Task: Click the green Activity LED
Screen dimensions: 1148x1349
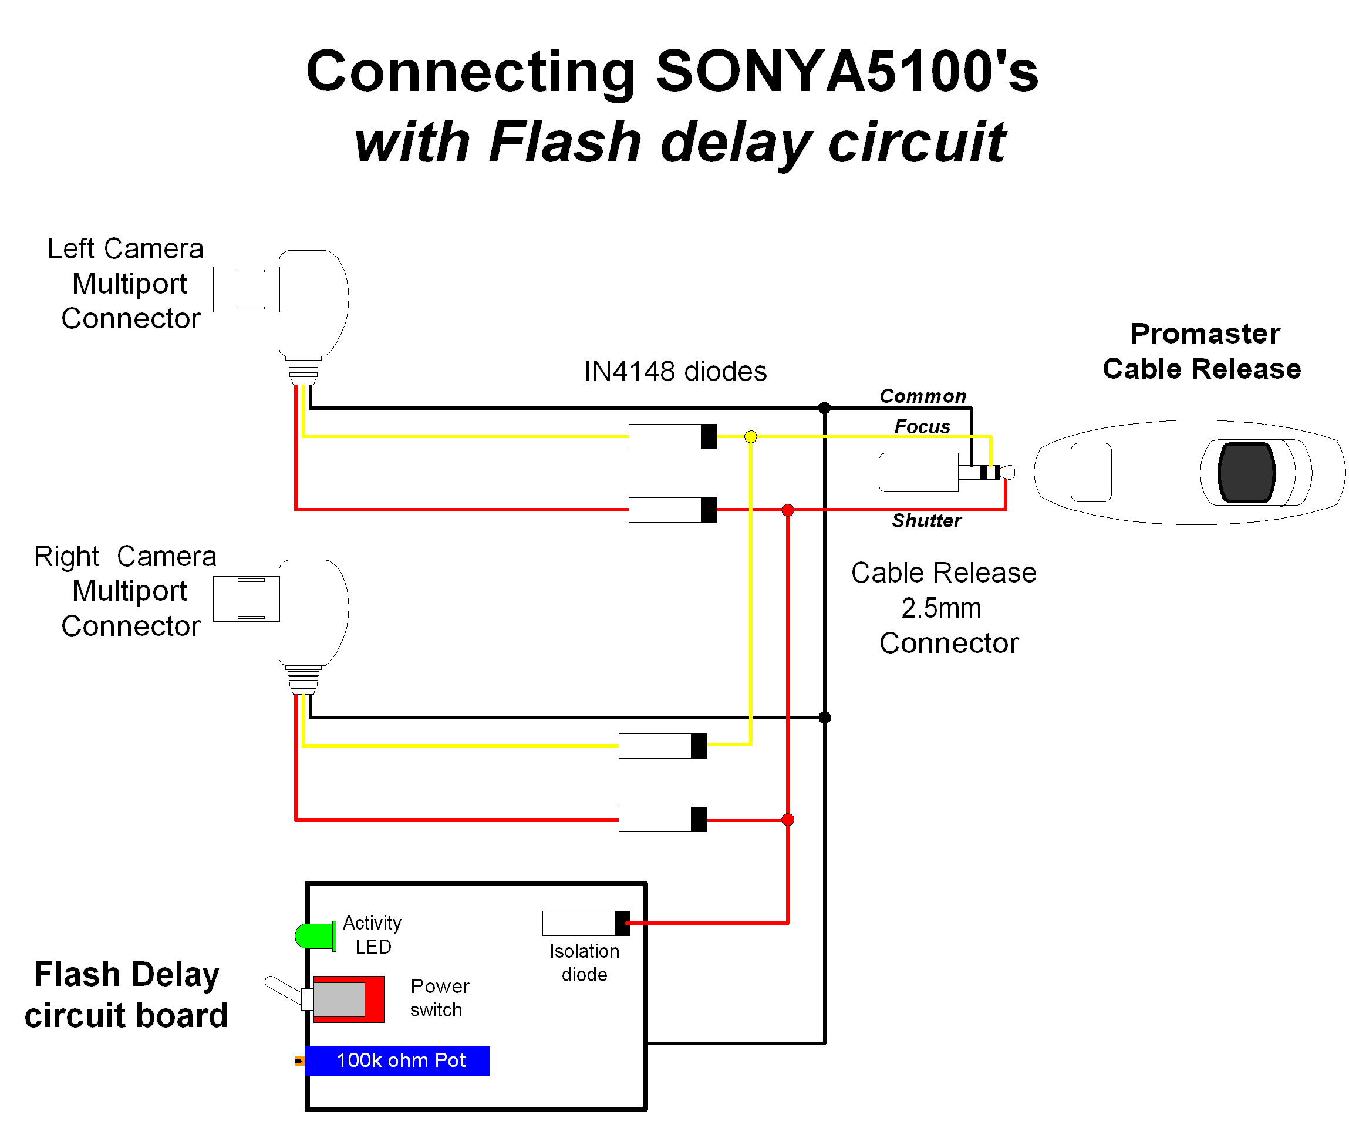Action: pos(314,936)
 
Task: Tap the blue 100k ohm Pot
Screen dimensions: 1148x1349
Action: pos(397,1060)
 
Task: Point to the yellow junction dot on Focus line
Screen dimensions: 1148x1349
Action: pos(750,437)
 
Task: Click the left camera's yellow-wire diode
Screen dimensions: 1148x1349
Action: pos(672,437)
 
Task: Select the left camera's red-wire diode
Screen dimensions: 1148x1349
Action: pos(672,510)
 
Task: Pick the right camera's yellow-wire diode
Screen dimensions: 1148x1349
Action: pos(662,746)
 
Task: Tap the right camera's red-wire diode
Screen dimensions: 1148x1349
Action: pos(662,819)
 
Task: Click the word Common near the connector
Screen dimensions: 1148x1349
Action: pos(922,396)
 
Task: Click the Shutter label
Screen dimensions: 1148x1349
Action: pos(926,521)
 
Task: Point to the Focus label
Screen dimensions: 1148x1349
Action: pos(922,426)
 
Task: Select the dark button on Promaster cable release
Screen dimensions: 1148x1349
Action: pos(1246,473)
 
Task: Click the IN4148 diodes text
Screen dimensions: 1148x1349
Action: pos(674,372)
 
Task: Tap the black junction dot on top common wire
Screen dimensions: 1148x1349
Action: pos(824,408)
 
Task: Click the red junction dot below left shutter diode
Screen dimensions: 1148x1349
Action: pos(787,510)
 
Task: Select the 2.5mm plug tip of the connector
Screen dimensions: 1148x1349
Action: pos(1008,472)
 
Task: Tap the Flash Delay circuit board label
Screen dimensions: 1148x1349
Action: pos(126,994)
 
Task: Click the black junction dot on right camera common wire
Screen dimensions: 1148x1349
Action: pos(824,717)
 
